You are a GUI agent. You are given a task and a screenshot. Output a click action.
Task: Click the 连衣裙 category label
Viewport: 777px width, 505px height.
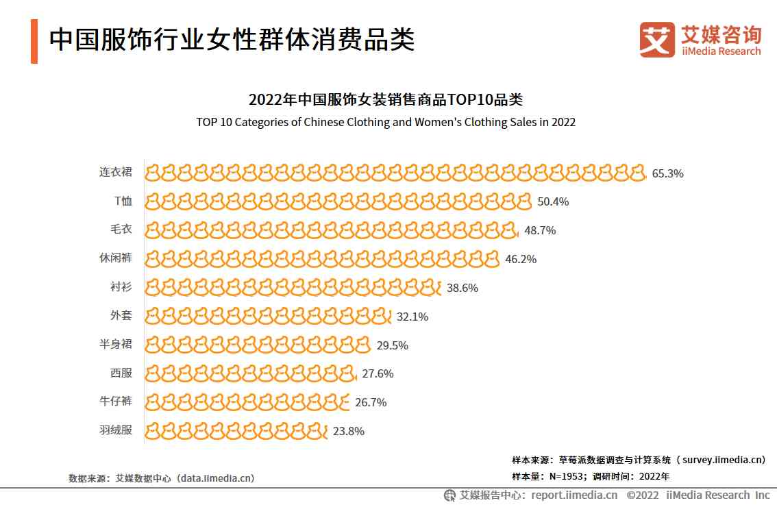click(x=115, y=172)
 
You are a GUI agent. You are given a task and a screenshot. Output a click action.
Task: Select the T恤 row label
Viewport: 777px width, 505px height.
click(x=123, y=201)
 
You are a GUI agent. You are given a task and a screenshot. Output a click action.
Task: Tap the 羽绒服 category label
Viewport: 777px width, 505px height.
click(x=115, y=431)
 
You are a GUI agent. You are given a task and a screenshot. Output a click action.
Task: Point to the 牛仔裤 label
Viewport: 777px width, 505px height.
click(x=115, y=402)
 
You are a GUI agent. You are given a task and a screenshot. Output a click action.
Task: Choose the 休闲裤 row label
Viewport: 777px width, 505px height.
click(x=115, y=258)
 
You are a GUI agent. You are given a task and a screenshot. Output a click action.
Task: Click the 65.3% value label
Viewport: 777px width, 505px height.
click(x=667, y=173)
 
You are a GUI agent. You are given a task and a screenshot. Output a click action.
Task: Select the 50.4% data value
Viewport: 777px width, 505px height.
click(x=553, y=201)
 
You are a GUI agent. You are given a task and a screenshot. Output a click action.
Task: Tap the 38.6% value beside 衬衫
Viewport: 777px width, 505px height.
click(x=462, y=288)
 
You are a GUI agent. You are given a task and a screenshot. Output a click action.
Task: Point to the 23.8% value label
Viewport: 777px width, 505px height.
click(x=348, y=431)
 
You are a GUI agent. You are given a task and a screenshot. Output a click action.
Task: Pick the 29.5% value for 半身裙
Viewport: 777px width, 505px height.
click(x=392, y=345)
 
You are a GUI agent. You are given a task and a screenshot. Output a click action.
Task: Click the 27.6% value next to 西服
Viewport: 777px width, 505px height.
click(x=378, y=374)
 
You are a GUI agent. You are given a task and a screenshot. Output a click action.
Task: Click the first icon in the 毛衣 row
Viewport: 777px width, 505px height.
click(x=153, y=230)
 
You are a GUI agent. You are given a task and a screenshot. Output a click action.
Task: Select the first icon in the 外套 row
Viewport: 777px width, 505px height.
click(x=153, y=317)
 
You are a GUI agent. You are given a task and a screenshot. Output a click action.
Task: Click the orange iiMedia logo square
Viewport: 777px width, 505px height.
click(x=657, y=40)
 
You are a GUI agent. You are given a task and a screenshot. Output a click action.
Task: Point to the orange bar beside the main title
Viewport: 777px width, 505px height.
click(x=34, y=42)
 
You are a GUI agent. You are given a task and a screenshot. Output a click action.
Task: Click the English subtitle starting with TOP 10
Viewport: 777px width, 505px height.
click(x=386, y=123)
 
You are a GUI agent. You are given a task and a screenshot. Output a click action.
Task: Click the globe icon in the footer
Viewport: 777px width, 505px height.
click(x=449, y=495)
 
